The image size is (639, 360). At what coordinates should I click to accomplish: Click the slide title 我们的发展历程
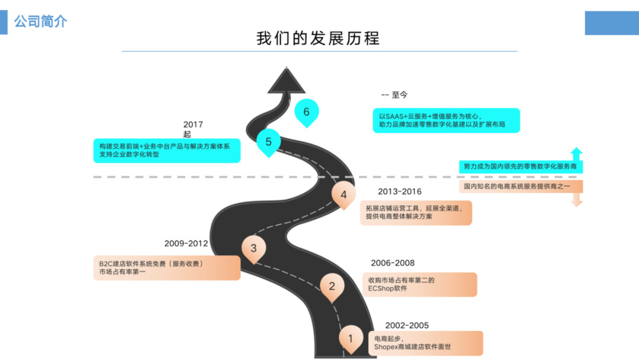pyautogui.click(x=318, y=38)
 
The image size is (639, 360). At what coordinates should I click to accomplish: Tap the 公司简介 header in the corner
pyautogui.click(x=40, y=22)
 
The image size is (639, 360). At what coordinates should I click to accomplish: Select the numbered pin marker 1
pyautogui.click(x=350, y=339)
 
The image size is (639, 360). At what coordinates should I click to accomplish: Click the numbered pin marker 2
pyautogui.click(x=332, y=287)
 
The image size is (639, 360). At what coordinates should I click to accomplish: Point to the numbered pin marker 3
pyautogui.click(x=254, y=249)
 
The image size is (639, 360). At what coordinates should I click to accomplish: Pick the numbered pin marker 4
pyautogui.click(x=344, y=194)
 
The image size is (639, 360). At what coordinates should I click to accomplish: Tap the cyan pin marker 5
pyautogui.click(x=269, y=142)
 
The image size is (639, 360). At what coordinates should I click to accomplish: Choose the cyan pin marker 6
pyautogui.click(x=306, y=112)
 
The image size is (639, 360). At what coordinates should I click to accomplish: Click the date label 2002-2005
pyautogui.click(x=406, y=326)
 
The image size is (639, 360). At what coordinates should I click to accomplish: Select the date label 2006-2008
pyautogui.click(x=392, y=263)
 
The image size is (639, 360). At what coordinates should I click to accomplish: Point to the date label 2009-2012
pyautogui.click(x=186, y=243)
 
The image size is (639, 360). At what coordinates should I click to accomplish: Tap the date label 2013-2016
pyautogui.click(x=399, y=191)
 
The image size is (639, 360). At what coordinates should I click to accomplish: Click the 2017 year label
pyautogui.click(x=193, y=124)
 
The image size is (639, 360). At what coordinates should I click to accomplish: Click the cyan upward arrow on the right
pyautogui.click(x=576, y=153)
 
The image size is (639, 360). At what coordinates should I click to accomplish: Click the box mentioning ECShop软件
pyautogui.click(x=419, y=284)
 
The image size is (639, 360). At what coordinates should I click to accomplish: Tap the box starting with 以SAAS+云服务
pyautogui.click(x=446, y=120)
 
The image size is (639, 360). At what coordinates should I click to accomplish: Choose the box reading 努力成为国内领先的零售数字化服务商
pyautogui.click(x=521, y=167)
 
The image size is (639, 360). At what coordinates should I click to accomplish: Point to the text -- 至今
pyautogui.click(x=395, y=95)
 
